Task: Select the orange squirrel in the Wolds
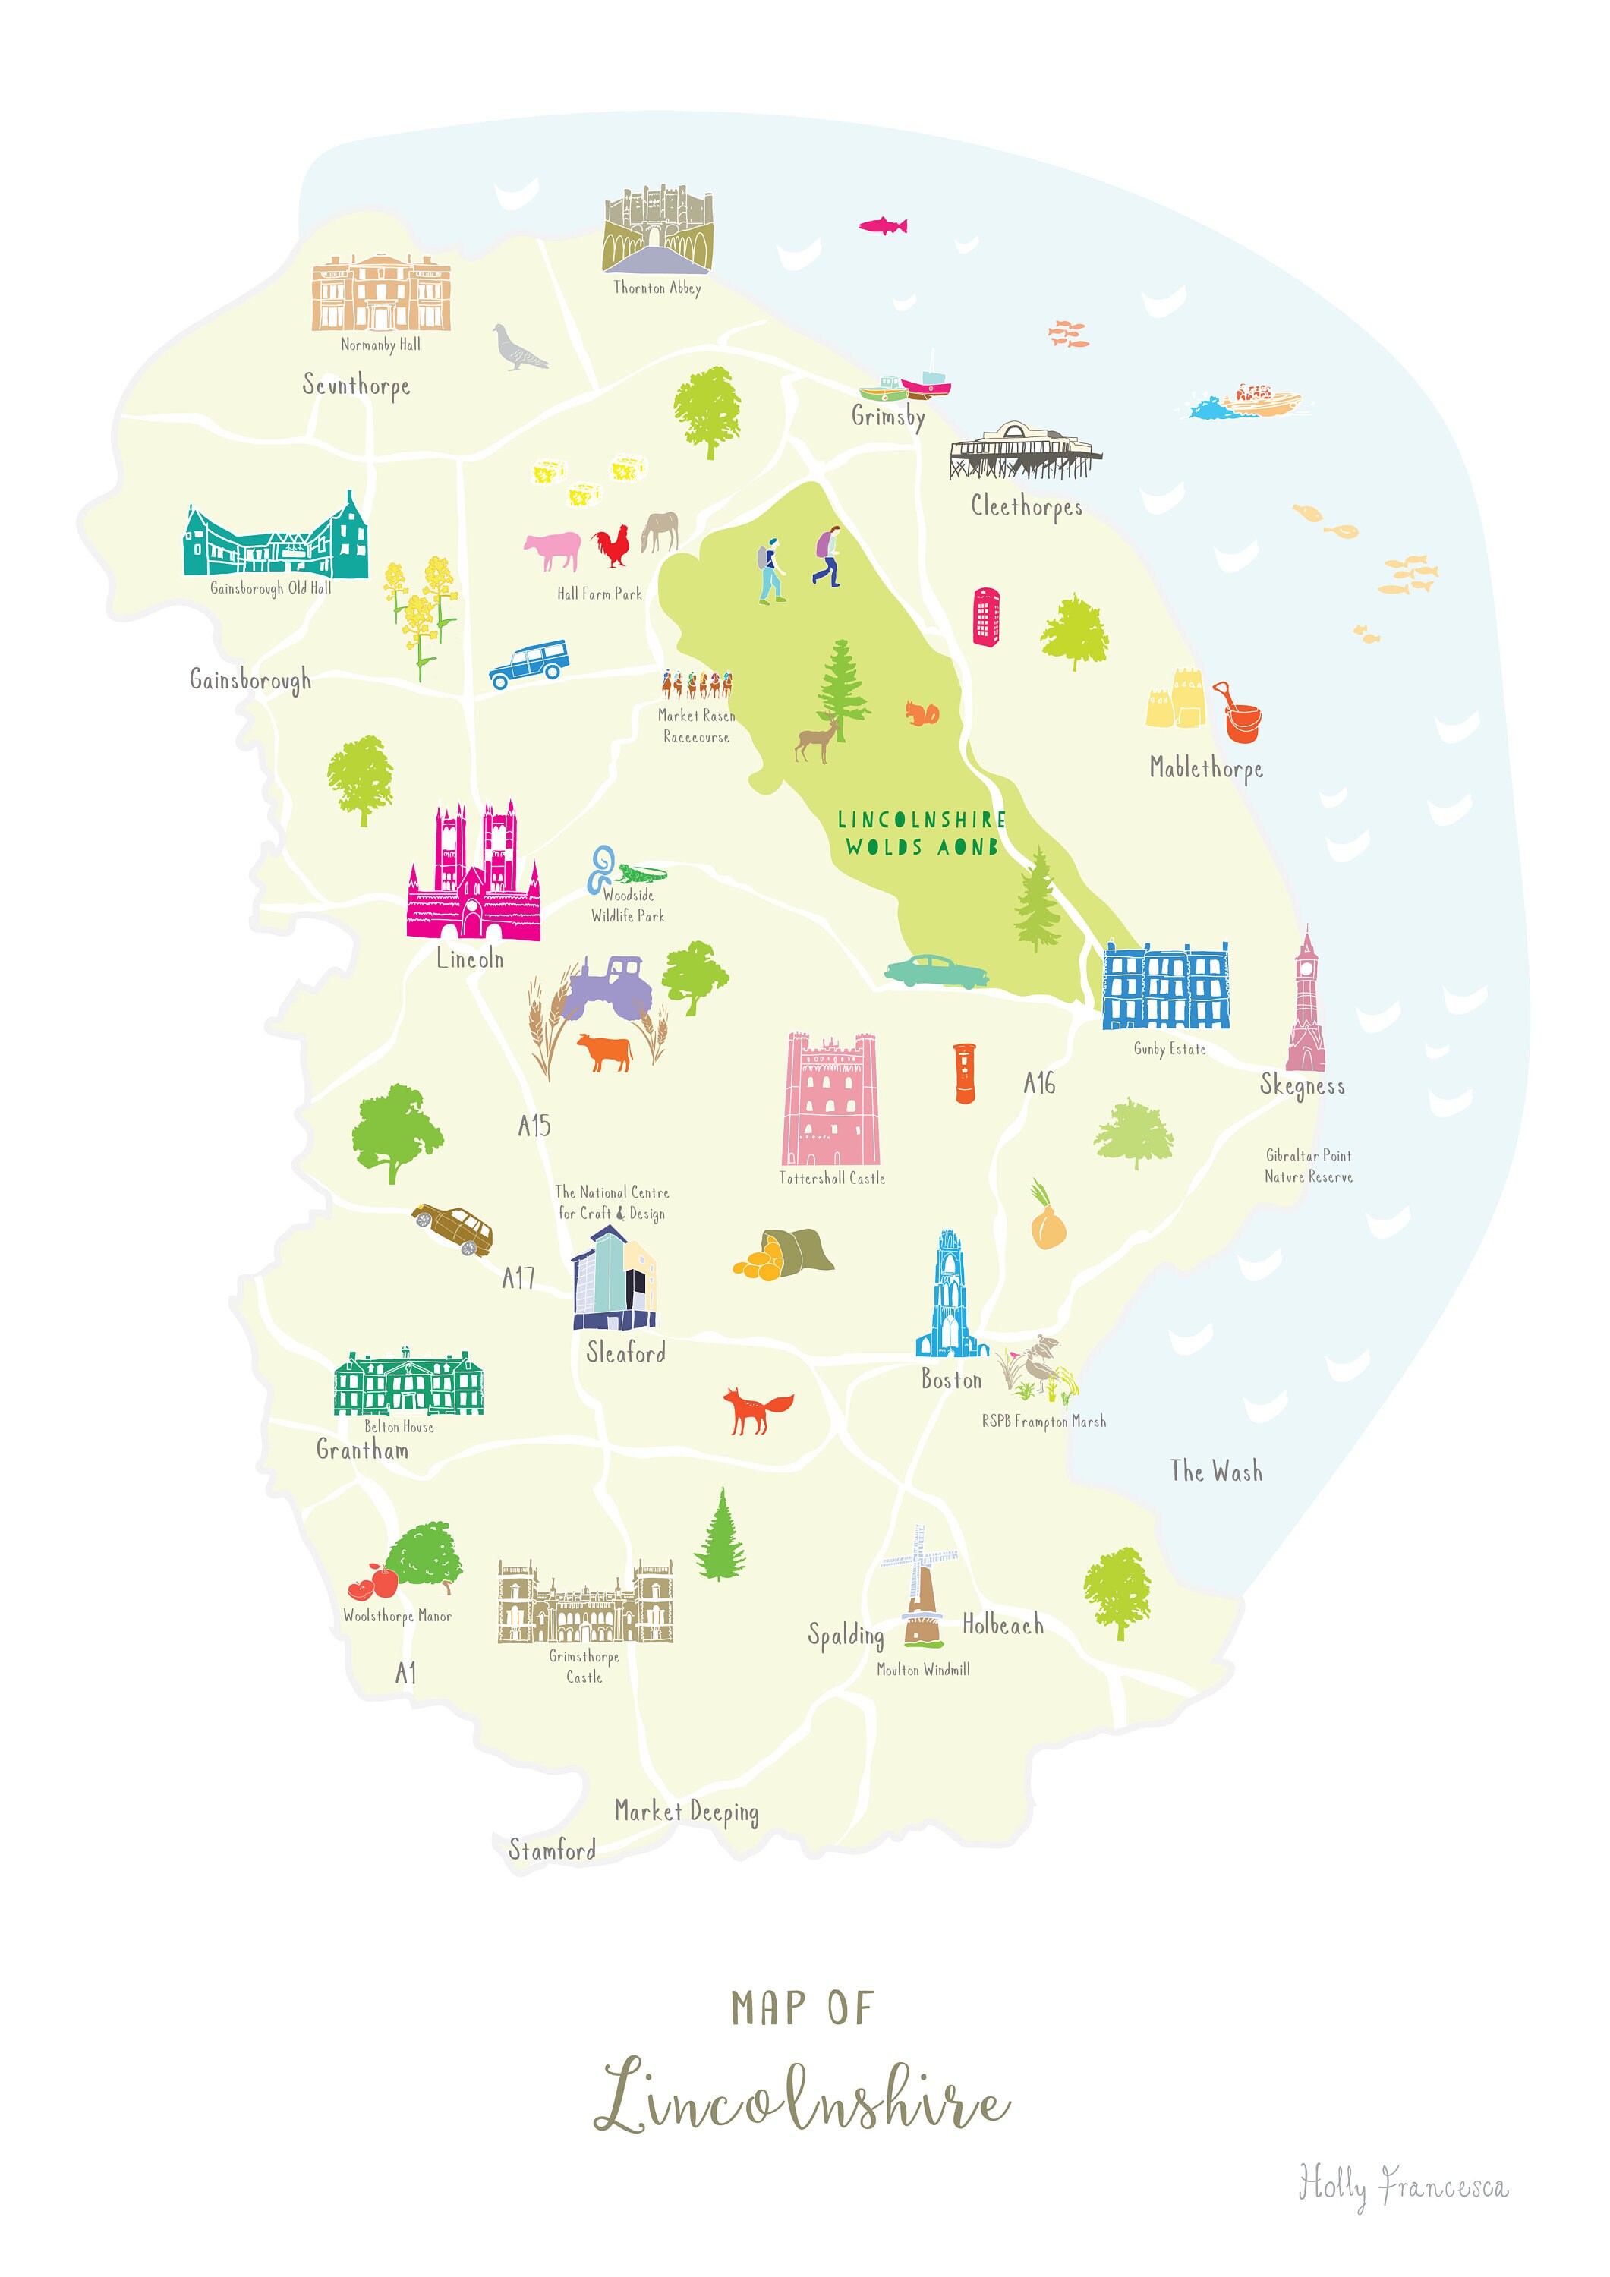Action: (x=922, y=713)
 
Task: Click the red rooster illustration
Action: (x=612, y=546)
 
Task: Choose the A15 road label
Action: (x=534, y=1126)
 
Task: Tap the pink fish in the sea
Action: (x=883, y=226)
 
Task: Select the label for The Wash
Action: (x=1215, y=1471)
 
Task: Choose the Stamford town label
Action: (x=552, y=1850)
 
